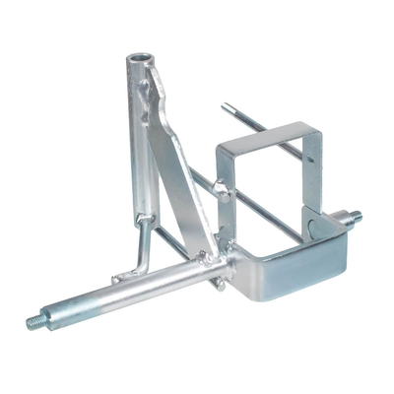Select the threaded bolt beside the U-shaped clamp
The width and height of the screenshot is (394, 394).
pyautogui.click(x=352, y=216)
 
